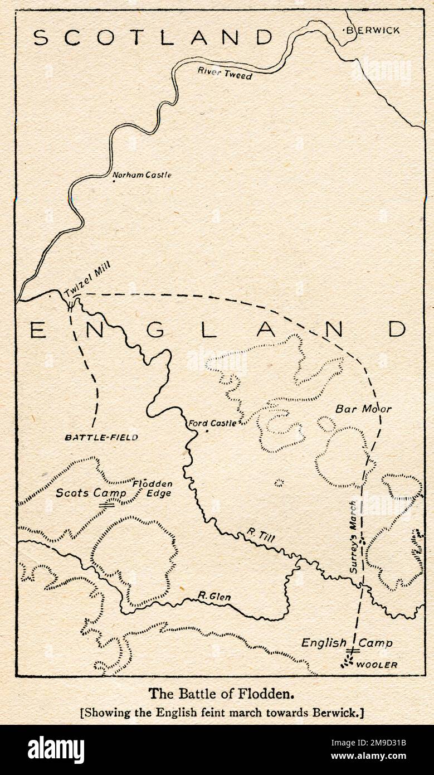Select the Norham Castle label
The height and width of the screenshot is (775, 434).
(x=142, y=175)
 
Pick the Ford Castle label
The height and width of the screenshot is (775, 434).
(x=213, y=423)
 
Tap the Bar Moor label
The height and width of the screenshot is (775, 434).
(x=363, y=409)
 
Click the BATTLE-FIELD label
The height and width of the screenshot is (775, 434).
(x=101, y=438)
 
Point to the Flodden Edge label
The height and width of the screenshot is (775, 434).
(x=152, y=488)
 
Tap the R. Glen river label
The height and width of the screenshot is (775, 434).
(x=214, y=597)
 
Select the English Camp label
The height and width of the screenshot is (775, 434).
(x=347, y=643)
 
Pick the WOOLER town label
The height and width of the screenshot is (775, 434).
(x=377, y=665)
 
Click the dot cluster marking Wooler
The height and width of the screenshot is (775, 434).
(x=348, y=662)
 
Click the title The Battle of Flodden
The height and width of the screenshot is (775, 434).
(x=221, y=694)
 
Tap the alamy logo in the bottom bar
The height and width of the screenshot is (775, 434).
(x=56, y=750)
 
